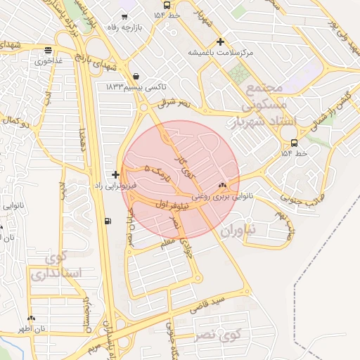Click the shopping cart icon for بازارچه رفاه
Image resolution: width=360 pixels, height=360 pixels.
pyautogui.click(x=124, y=18)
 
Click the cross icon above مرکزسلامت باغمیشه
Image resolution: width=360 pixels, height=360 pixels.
pyautogui.click(x=221, y=41)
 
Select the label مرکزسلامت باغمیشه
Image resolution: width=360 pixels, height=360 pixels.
pyautogui.click(x=219, y=53)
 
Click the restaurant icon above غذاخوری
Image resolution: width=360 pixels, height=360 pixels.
pyautogui.click(x=47, y=50)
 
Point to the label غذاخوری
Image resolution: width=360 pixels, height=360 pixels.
pyautogui.click(x=49, y=61)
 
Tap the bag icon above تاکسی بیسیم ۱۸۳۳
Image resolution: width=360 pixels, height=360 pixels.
pyautogui.click(x=135, y=77)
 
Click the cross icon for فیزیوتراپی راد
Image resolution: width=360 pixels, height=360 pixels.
pyautogui.click(x=115, y=174)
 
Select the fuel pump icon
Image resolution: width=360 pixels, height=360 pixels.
pyautogui.click(x=107, y=221)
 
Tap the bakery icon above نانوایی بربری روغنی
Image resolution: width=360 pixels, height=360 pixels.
pyautogui.click(x=223, y=186)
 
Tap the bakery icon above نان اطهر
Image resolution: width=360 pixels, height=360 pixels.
pyautogui.click(x=32, y=318)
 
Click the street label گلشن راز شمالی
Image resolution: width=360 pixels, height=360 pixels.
pyautogui.click(x=335, y=105)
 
